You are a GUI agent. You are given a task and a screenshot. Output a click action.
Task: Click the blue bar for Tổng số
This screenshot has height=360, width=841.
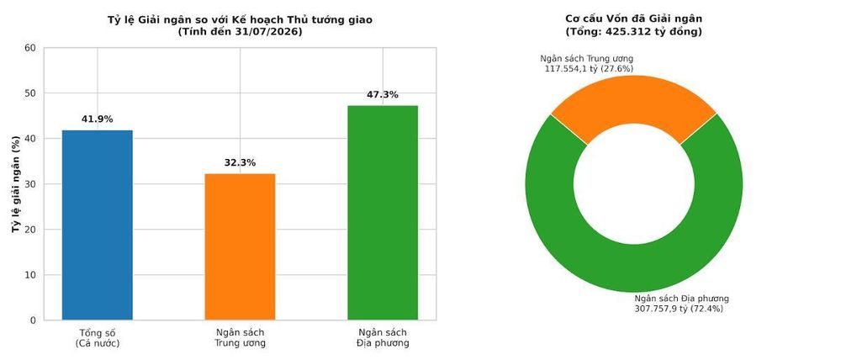[97, 225]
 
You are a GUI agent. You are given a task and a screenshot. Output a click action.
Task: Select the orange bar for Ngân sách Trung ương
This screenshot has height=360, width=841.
[240, 246]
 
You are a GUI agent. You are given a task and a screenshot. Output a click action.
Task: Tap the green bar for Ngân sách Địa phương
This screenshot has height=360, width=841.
[383, 213]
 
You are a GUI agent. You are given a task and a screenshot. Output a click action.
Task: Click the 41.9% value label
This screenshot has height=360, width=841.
[97, 119]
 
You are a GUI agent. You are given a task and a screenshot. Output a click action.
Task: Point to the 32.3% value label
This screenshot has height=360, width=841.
[240, 162]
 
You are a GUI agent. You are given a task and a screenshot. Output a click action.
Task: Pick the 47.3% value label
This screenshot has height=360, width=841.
[383, 95]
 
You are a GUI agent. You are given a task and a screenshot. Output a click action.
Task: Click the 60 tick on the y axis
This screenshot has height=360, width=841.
[30, 48]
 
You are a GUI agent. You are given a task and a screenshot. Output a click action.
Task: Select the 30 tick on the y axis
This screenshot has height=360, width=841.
[30, 184]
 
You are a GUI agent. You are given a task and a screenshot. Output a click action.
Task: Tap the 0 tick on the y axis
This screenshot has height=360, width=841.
[34, 320]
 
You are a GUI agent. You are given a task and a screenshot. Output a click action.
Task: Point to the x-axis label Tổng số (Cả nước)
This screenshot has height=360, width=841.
[97, 338]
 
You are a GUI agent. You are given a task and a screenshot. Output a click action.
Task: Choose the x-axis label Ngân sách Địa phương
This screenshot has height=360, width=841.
[383, 338]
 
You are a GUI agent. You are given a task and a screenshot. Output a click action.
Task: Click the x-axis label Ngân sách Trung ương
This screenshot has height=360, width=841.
[240, 338]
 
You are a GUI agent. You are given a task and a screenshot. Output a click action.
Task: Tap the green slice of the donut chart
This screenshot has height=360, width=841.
[634, 268]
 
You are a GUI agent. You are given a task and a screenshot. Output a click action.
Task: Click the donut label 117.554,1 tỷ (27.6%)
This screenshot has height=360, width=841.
[589, 69]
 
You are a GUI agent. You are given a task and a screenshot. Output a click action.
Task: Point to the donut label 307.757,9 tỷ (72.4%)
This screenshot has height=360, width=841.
[679, 309]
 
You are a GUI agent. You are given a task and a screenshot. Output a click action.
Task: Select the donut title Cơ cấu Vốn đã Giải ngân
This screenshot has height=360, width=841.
[634, 19]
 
